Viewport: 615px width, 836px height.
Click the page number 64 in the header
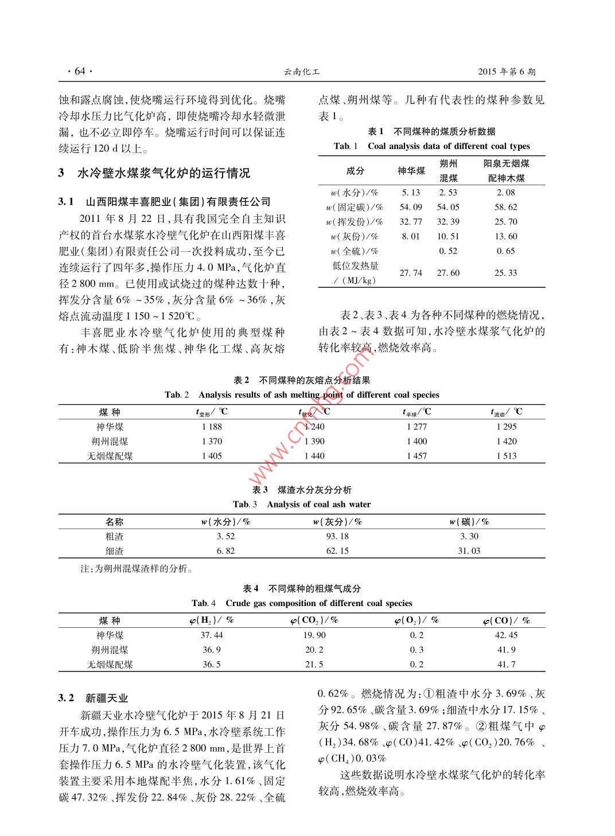tap(79, 72)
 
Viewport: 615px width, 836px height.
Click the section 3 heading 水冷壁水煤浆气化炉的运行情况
tap(164, 174)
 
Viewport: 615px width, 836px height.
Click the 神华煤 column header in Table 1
tap(411, 171)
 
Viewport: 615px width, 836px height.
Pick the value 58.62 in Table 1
tap(505, 207)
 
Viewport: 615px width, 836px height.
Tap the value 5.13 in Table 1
tap(411, 193)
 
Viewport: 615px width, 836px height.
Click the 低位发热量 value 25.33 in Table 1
tap(505, 273)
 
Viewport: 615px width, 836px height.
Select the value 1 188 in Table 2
tap(212, 427)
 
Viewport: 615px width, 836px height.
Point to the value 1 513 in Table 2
tap(507, 456)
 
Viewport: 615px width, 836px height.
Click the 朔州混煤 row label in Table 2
tap(110, 442)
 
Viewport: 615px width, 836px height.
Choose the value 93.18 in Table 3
tap(337, 536)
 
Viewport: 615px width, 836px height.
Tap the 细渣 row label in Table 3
tap(114, 551)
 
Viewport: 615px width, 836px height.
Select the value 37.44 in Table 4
tap(212, 635)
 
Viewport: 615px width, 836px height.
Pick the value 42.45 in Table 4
tap(506, 635)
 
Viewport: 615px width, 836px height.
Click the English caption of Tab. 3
tap(302, 505)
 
